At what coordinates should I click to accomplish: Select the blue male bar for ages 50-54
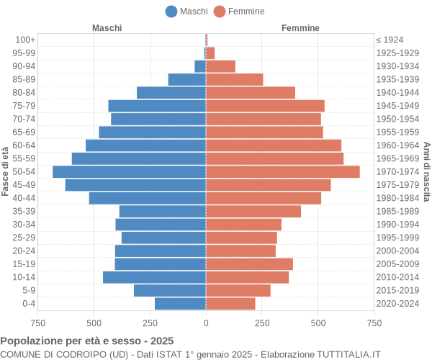tap(129, 171)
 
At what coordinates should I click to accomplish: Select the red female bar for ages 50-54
tap(282, 171)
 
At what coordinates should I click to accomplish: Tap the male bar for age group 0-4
tap(180, 304)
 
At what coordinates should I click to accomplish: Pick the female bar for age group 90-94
tap(220, 66)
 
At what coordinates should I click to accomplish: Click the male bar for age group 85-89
tap(187, 79)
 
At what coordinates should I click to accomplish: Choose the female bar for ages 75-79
tap(265, 106)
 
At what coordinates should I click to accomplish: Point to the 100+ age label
tap(25, 40)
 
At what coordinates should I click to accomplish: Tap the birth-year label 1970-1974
tap(397, 171)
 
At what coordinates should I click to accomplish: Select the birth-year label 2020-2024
tap(397, 304)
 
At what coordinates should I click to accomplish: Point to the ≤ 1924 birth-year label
tap(390, 40)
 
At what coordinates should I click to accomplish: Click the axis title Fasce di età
tap(6, 171)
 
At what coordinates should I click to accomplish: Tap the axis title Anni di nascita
tap(426, 171)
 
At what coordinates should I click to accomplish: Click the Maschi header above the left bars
tap(107, 28)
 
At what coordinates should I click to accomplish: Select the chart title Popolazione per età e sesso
tap(87, 341)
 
